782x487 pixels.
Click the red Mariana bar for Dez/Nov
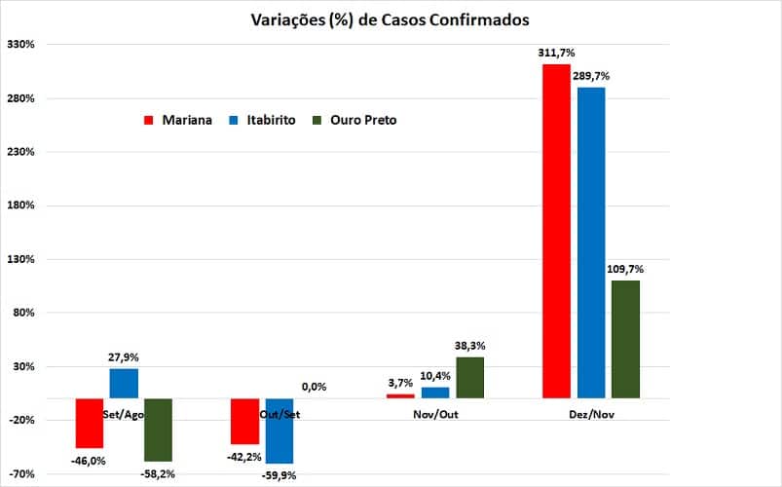click(556, 231)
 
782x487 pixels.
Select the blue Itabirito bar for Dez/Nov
click(591, 242)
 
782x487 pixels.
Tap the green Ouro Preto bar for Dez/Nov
click(626, 339)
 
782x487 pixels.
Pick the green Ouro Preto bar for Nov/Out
click(469, 377)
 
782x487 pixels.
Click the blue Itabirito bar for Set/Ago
click(124, 384)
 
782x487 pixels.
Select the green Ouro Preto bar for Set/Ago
click(158, 430)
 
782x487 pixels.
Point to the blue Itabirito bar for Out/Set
click(279, 431)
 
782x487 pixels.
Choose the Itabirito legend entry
click(260, 120)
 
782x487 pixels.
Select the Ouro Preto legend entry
click(354, 120)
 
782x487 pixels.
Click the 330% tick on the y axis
click(20, 45)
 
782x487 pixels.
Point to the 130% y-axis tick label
click(20, 260)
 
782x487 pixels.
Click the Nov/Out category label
click(435, 414)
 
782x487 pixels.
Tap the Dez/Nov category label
click(591, 414)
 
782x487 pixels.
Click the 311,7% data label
click(556, 54)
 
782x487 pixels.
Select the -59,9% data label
click(279, 475)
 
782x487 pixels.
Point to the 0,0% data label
click(314, 387)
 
